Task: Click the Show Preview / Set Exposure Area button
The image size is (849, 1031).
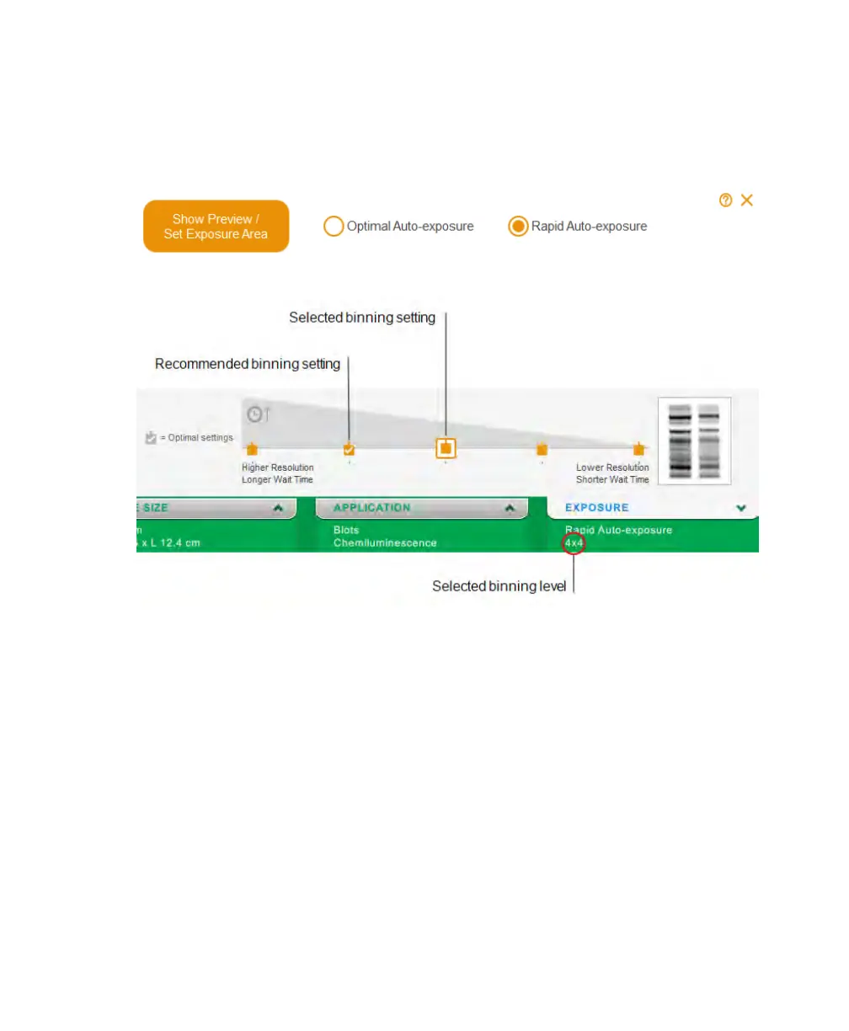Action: pos(216,227)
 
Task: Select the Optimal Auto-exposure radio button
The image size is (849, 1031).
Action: pos(334,227)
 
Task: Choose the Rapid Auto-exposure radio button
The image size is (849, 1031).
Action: pos(518,227)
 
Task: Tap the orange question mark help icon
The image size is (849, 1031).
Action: pos(725,200)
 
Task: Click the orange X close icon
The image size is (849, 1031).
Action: pos(747,200)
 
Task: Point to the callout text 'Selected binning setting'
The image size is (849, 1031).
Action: pos(362,318)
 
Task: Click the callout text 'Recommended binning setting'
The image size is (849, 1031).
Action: pos(248,364)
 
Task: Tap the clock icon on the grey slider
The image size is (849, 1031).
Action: pos(255,414)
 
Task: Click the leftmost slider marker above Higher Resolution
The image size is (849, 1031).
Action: pos(252,449)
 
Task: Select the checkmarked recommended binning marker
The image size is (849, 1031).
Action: pos(349,449)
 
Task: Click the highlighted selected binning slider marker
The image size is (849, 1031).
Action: pos(446,448)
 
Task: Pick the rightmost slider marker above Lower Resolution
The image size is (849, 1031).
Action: pos(638,449)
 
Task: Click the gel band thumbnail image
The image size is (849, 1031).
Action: pos(694,441)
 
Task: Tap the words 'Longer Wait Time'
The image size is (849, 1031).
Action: pos(277,480)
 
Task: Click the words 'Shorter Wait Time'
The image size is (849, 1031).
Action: pos(612,480)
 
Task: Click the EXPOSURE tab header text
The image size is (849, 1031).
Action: pos(596,508)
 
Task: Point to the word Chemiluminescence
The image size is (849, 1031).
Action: pos(385,543)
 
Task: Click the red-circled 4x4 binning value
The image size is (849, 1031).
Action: pos(574,544)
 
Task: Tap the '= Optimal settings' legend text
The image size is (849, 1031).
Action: pos(196,438)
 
